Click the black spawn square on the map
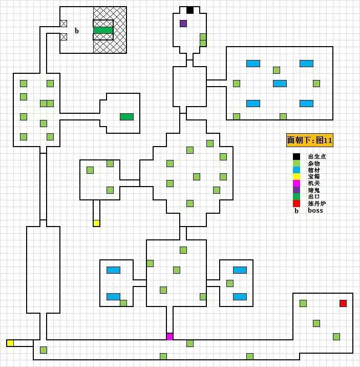[x=190, y=10]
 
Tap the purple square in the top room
[x=183, y=23]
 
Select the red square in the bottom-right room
[x=343, y=303]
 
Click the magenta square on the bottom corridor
[x=170, y=337]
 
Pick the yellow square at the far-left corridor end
[x=10, y=343]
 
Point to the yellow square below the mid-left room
[x=96, y=223]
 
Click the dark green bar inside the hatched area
[x=103, y=30]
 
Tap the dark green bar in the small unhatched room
[x=126, y=117]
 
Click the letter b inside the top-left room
[x=77, y=31]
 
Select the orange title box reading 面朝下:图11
[x=309, y=140]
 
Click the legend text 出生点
[x=317, y=157]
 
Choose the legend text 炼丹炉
[x=317, y=203]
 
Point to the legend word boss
[x=315, y=211]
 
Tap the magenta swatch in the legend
[x=296, y=183]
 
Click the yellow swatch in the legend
[x=296, y=177]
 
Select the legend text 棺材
[x=314, y=170]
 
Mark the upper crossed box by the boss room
[x=64, y=23]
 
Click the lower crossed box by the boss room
[x=64, y=36]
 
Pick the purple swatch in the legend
[x=296, y=190]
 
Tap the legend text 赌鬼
[x=314, y=190]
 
